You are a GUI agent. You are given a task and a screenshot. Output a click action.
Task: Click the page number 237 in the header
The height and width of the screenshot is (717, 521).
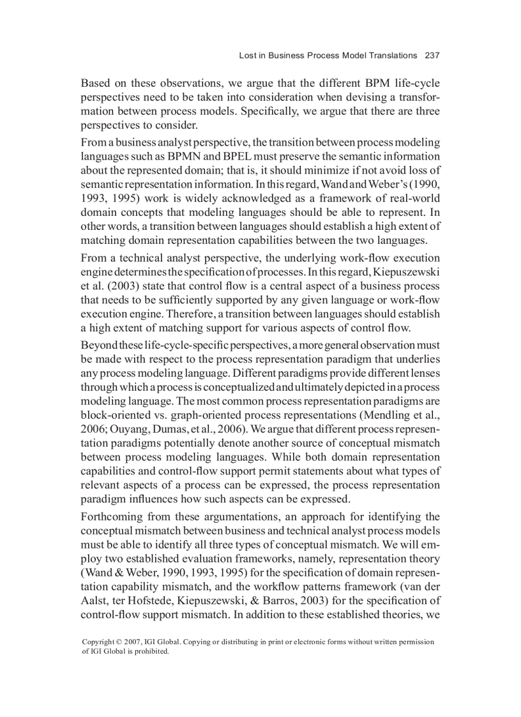point(432,56)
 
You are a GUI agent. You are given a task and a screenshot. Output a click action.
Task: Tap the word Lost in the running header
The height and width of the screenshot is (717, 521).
point(248,56)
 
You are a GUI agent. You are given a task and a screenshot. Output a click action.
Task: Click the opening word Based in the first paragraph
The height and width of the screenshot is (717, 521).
point(95,84)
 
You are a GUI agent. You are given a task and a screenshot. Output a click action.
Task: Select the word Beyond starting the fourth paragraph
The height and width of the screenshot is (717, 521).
point(98,345)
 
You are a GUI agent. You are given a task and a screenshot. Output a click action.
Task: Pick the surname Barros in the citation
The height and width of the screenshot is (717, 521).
point(287,601)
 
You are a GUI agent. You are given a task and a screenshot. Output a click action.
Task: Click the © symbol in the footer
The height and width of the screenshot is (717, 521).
point(121,642)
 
